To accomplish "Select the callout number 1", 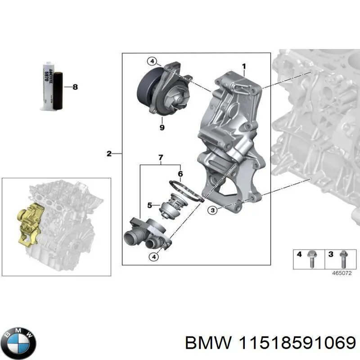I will coord(243,67).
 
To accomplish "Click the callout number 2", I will coord(109,154).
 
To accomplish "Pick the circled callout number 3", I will coord(212,210).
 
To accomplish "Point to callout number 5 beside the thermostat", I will coord(150,206).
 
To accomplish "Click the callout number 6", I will coord(180,174).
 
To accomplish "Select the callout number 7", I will coord(160,158).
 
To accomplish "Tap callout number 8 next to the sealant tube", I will coord(75,87).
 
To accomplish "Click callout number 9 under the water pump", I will coord(162,127).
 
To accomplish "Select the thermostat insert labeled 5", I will coord(172,207).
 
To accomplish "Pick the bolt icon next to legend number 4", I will coord(310,258).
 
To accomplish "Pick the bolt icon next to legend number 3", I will coord(343,258).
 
